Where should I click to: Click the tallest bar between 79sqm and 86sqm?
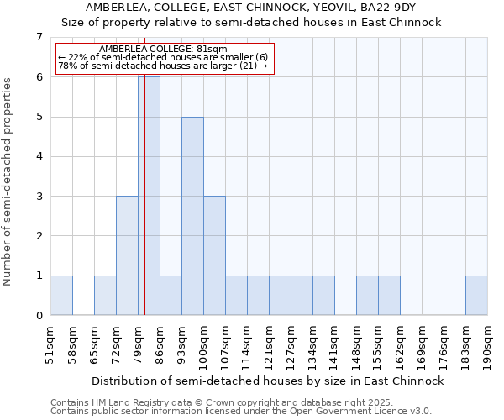[149, 196]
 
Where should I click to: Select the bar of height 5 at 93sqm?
[192, 216]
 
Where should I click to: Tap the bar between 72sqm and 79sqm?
[127, 255]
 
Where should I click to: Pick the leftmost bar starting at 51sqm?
[61, 296]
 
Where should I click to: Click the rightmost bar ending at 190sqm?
[476, 296]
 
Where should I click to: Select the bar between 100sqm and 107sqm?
[214, 255]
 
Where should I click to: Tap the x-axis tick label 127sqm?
[302, 344]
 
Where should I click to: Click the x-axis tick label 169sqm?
[411, 344]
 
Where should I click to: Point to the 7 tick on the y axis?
[39, 37]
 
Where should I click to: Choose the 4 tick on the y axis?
[39, 156]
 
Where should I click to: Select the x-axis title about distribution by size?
[267, 381]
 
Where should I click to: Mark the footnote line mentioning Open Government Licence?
[240, 412]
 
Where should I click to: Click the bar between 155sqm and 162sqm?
[389, 296]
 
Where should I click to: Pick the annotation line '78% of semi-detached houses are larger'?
[162, 66]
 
